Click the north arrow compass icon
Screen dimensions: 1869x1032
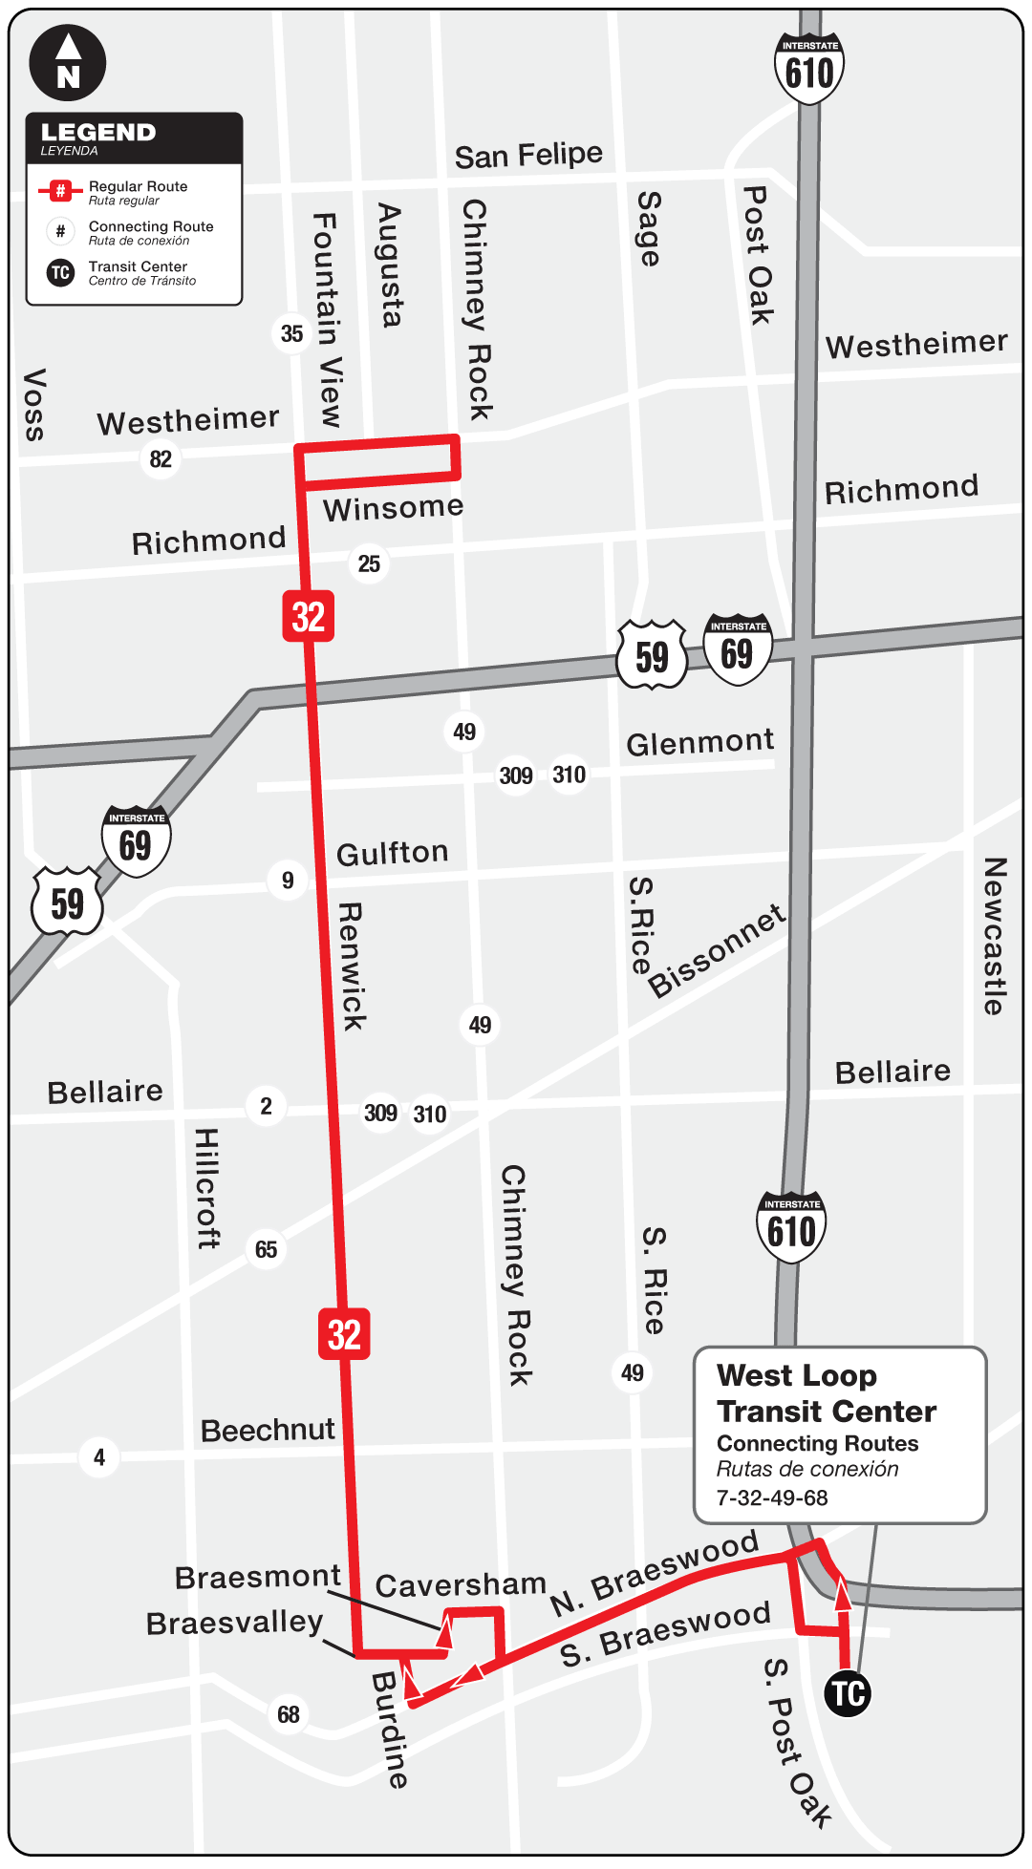(68, 62)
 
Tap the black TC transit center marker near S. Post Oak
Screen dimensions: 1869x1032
(848, 1693)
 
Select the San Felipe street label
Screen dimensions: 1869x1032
(528, 155)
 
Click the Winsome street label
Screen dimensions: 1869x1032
(393, 508)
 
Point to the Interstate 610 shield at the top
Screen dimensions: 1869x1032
(809, 69)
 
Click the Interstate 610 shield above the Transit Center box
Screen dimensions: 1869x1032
(792, 1228)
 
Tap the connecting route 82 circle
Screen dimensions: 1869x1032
(161, 459)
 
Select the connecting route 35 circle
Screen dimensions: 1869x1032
(291, 333)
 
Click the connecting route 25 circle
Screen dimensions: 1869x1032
(369, 563)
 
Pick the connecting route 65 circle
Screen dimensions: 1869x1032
(266, 1249)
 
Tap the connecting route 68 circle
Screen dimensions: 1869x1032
(289, 1714)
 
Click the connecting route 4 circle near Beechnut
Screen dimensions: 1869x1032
(99, 1457)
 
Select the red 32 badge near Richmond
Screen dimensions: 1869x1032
(308, 616)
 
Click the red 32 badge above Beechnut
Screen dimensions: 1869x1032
(344, 1334)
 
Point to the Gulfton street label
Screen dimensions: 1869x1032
(393, 853)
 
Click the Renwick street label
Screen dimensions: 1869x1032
(352, 966)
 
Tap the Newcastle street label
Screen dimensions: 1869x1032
(995, 936)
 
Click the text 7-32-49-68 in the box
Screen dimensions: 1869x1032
(772, 1497)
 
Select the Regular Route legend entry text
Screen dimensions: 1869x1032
(138, 187)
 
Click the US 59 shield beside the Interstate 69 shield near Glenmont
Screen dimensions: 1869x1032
(653, 656)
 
